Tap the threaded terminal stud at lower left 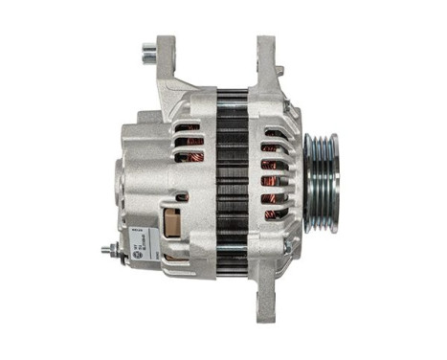(x=105, y=252)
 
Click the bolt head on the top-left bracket (x=148, y=47)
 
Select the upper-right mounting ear (x=265, y=62)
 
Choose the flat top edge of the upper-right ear (x=265, y=38)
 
